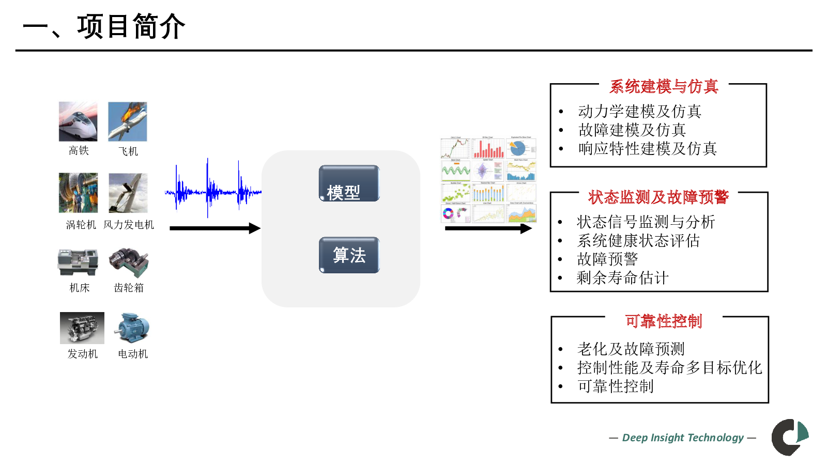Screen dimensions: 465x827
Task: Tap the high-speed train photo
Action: [78, 121]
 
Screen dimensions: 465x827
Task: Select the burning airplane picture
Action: [128, 121]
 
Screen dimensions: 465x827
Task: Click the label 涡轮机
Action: [81, 225]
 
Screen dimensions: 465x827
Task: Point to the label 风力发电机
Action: [129, 225]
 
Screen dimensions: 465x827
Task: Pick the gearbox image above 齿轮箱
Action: [129, 262]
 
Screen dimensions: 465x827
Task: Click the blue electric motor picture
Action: [132, 328]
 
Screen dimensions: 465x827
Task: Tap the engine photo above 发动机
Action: [82, 328]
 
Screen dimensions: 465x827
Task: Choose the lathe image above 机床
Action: [78, 262]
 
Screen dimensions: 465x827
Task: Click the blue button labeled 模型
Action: [349, 183]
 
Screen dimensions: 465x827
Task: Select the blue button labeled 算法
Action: [349, 255]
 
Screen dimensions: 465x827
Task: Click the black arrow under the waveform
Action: [215, 228]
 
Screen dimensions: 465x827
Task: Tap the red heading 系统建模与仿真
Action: [664, 86]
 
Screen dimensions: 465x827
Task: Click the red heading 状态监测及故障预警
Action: [658, 197]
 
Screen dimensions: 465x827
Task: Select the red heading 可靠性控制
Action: [664, 321]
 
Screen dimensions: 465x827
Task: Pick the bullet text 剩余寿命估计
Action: [622, 278]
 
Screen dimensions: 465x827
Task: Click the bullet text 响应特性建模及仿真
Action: [647, 149]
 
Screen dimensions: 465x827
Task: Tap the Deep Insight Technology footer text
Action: [682, 438]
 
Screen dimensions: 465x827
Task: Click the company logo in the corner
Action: [790, 437]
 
